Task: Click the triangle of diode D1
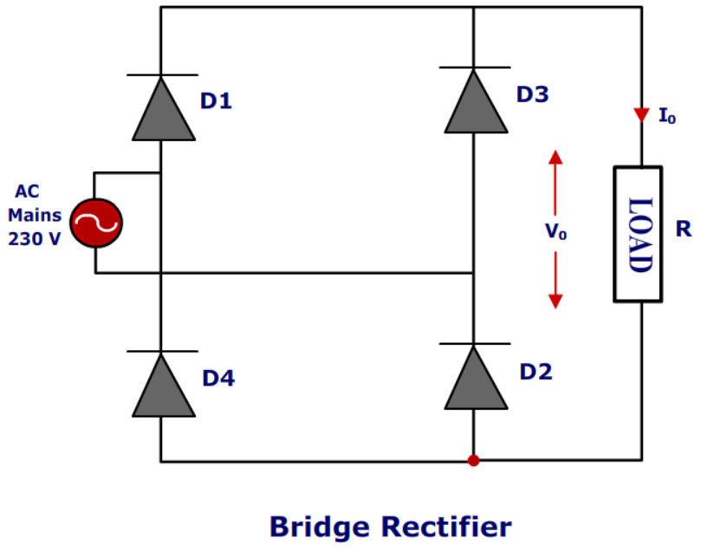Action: (x=161, y=111)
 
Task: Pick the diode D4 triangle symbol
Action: (x=161, y=386)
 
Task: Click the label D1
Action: (x=217, y=101)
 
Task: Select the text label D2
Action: (x=535, y=372)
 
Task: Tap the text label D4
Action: (x=218, y=379)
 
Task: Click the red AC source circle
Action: (x=95, y=224)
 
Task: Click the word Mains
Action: (x=35, y=216)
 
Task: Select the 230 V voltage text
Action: (x=35, y=239)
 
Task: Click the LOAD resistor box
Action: (x=638, y=234)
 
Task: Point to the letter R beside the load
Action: (x=684, y=230)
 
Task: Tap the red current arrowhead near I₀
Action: (x=641, y=115)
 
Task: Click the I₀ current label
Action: (x=667, y=116)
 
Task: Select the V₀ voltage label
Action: (x=555, y=232)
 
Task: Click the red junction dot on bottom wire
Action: (x=473, y=460)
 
